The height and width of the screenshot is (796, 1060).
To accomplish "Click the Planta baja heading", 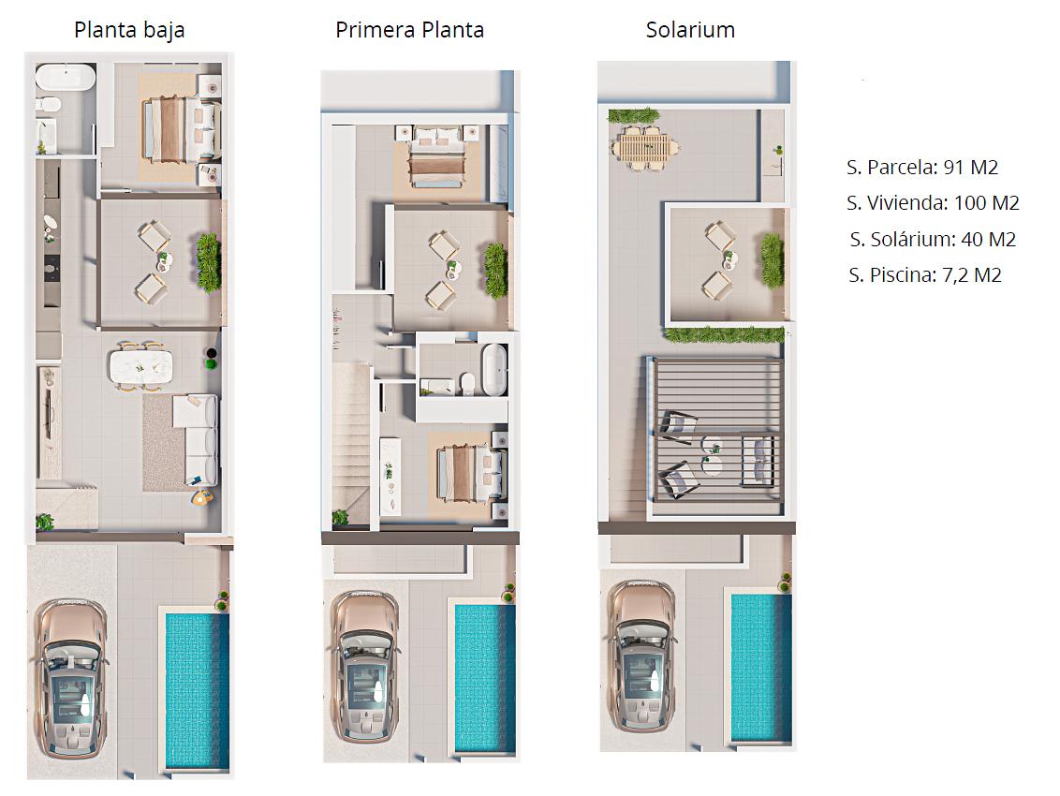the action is (129, 30).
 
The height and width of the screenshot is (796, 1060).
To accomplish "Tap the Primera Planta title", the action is (409, 30).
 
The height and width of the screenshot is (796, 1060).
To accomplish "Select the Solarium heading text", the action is (690, 30).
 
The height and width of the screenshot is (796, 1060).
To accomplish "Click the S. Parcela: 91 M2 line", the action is (922, 167).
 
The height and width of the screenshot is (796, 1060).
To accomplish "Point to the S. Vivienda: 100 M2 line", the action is (933, 203).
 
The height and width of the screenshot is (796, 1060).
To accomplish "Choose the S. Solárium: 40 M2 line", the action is (933, 240).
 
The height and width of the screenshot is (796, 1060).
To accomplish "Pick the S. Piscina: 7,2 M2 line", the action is (925, 275).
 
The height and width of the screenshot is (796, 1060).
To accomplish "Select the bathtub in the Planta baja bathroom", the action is (65, 77).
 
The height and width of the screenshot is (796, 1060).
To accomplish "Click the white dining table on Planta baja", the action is (140, 366).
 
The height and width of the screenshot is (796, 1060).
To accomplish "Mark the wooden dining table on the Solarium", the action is (645, 148).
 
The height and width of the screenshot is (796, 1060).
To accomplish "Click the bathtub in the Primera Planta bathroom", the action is (494, 369).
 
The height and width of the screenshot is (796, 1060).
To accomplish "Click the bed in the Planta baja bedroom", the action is (180, 129).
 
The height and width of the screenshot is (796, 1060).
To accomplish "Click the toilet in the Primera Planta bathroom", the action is (467, 383).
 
